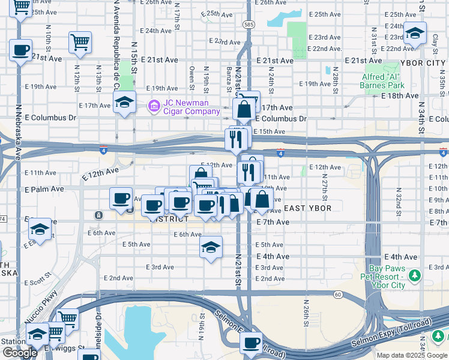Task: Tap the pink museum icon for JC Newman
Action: [x=154, y=107]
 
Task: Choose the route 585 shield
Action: [x=249, y=24]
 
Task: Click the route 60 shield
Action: [x=339, y=294]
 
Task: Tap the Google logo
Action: [x=20, y=353]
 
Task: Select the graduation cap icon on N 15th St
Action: [x=124, y=102]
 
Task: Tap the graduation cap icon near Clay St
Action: [x=415, y=33]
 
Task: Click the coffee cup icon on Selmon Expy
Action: [x=252, y=343]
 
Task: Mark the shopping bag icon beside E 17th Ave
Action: [x=244, y=110]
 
